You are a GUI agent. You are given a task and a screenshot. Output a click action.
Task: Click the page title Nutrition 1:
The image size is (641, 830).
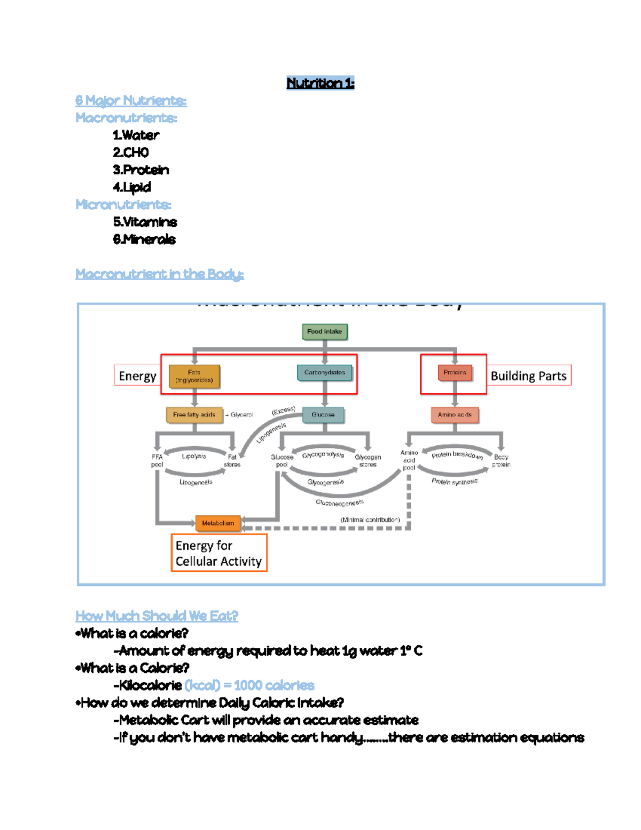click(320, 83)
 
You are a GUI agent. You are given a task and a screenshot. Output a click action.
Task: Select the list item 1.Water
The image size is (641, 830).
click(136, 135)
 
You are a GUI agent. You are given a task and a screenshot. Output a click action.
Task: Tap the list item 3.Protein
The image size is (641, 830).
click(140, 170)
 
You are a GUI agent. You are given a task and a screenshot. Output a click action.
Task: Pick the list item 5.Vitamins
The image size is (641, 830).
click(145, 222)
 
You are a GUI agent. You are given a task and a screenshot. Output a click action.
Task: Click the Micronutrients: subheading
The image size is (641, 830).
click(123, 205)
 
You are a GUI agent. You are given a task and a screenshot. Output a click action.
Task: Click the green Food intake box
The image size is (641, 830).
click(325, 331)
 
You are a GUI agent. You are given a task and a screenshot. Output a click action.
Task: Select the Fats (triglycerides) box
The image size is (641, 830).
click(194, 376)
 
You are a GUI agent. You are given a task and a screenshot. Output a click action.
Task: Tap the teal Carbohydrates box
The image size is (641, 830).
click(325, 373)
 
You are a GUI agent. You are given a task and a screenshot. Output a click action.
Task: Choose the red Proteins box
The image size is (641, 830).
click(455, 373)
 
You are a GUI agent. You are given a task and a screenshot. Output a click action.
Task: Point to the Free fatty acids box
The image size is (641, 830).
click(194, 415)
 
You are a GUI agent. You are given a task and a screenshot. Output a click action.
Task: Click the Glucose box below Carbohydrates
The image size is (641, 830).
click(323, 415)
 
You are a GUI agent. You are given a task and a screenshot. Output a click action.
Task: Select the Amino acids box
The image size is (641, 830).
click(455, 415)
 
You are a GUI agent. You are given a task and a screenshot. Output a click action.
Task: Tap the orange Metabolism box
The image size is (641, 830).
click(218, 523)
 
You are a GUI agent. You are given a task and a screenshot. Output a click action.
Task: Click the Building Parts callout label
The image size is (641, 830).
click(528, 376)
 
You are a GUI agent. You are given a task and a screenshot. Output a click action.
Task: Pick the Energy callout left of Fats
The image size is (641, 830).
click(137, 376)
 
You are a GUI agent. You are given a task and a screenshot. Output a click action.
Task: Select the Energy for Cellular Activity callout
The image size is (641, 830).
click(218, 553)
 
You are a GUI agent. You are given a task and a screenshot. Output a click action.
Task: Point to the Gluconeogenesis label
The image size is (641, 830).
click(340, 502)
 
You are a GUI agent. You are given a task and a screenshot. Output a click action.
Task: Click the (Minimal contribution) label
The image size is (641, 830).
click(370, 519)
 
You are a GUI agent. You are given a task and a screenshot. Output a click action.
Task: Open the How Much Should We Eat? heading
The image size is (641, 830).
click(157, 616)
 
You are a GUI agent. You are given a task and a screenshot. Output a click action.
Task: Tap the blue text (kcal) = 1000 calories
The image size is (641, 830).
click(249, 685)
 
